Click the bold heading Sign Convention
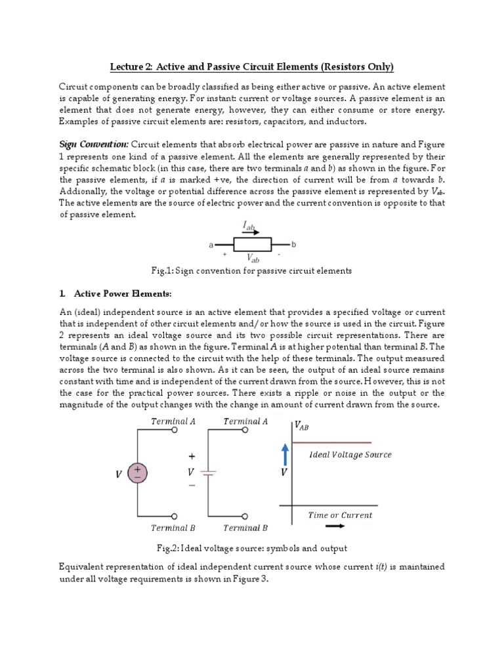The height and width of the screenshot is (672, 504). coord(93,144)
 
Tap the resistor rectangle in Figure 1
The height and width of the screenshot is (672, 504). coord(252,245)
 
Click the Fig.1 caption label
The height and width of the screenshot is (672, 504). coord(163,270)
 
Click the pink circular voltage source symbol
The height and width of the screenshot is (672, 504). coord(138,473)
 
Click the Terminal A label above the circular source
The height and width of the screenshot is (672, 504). coord(173,421)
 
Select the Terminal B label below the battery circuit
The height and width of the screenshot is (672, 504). coord(245,528)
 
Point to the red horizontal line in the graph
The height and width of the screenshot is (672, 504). coord(331,443)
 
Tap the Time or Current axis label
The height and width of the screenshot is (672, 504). coord(340,515)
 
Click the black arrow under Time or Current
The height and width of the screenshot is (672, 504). coord(334,526)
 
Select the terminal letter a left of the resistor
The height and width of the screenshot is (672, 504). coord(211,245)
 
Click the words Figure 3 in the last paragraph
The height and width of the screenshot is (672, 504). coord(249,580)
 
